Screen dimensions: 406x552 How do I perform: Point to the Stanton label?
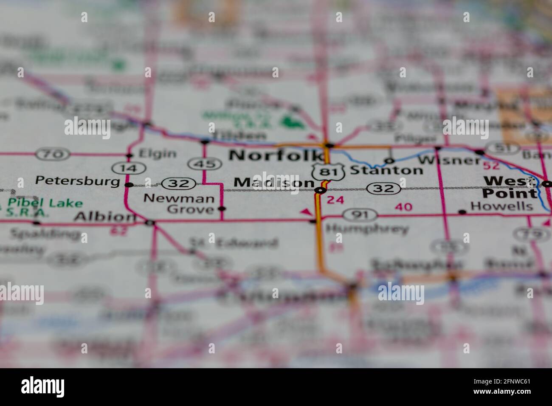386,170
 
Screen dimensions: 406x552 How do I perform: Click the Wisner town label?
449,160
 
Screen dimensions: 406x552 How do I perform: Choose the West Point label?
510,187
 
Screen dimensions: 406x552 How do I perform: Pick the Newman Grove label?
179,203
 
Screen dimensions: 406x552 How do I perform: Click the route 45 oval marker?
205,164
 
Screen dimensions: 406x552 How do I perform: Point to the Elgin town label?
158,154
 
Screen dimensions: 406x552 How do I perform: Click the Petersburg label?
78,181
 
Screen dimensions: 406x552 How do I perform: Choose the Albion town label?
104,217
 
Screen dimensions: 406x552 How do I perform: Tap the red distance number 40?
403,207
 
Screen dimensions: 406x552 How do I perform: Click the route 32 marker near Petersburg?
179,184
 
